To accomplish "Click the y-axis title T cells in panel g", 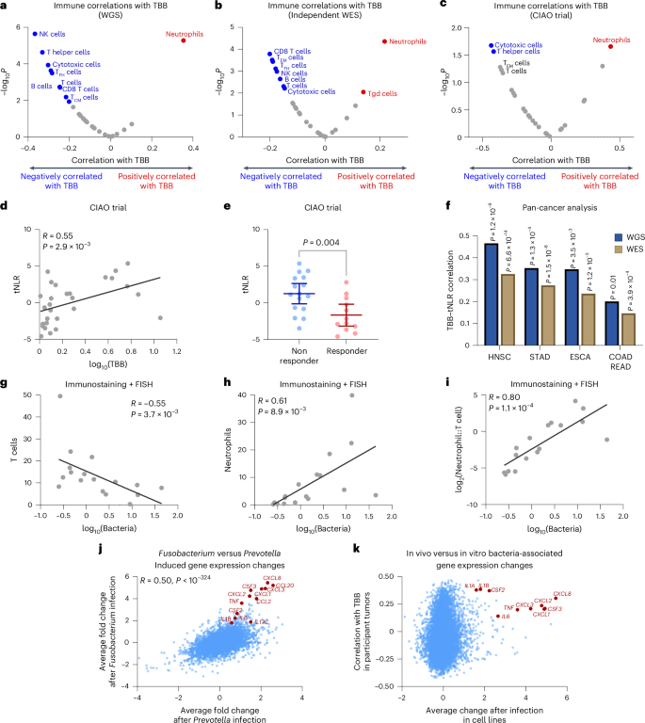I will point(13,471).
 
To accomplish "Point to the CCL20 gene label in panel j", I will point(285,586).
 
